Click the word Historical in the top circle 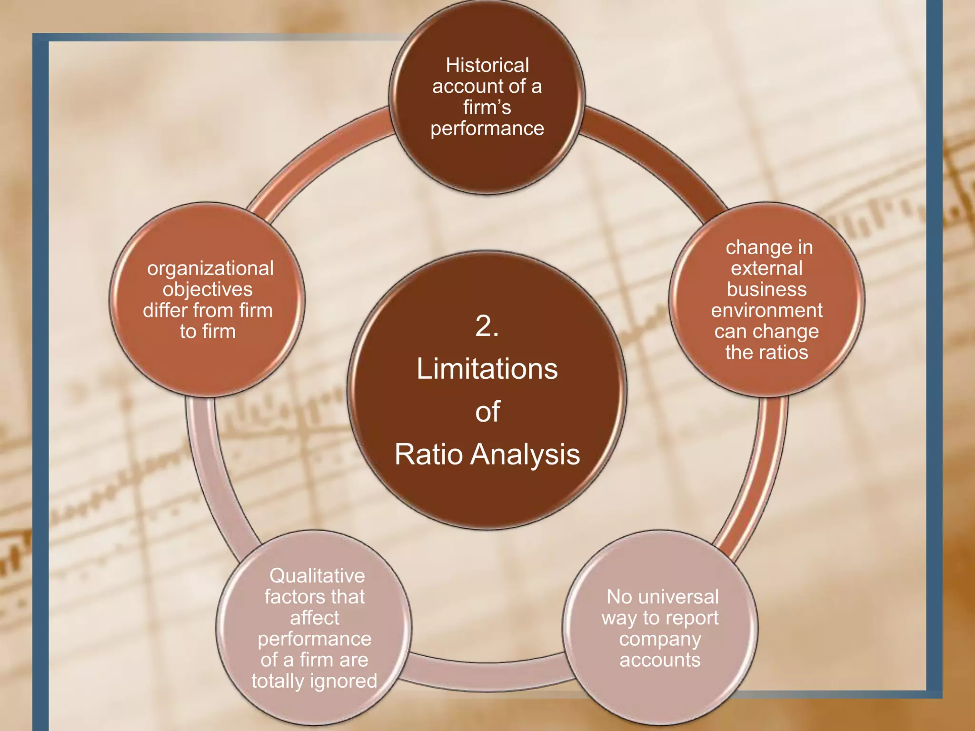(x=487, y=65)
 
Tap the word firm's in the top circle (x=487, y=107)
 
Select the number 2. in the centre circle (x=487, y=326)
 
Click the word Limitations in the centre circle (x=487, y=369)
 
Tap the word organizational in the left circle (x=210, y=268)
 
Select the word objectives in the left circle (x=208, y=289)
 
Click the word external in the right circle (x=766, y=268)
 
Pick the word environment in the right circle (x=766, y=310)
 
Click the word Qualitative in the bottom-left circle (x=317, y=576)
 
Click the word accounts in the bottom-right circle (x=660, y=660)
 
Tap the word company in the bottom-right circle (x=660, y=639)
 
